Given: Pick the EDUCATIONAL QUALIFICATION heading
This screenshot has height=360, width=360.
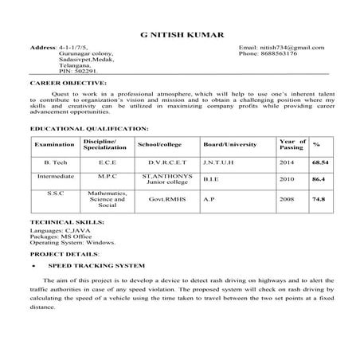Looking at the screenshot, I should [x=88, y=127].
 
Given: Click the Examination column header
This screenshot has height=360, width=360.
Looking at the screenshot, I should [x=54, y=144].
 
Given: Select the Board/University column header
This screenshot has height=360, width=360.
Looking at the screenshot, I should [x=229, y=144].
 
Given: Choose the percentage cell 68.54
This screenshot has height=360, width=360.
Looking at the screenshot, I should [x=319, y=162].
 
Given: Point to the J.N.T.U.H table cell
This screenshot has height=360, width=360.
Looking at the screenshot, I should [x=217, y=162].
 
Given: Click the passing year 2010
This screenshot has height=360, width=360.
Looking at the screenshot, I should [x=287, y=179].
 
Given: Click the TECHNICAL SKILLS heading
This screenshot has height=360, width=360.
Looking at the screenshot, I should [x=67, y=221].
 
